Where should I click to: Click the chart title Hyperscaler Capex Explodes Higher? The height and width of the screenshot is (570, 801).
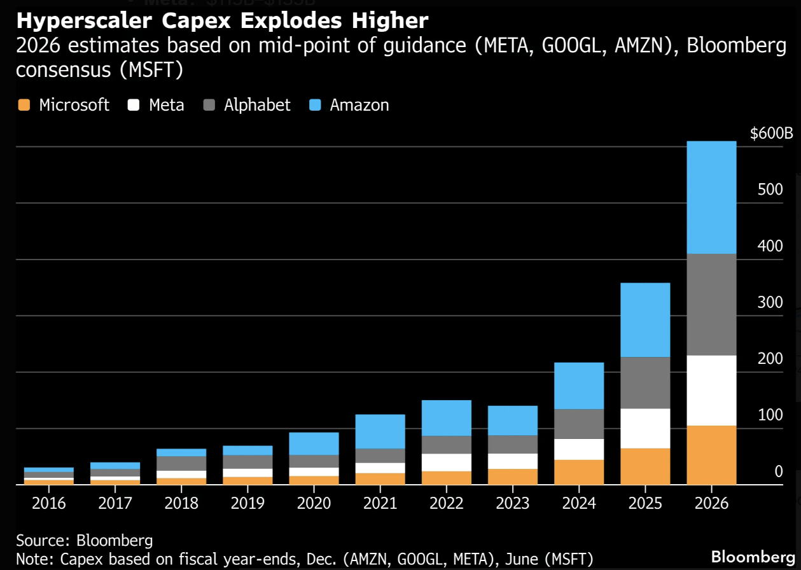222,21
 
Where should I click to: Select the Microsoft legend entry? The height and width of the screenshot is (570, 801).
64,105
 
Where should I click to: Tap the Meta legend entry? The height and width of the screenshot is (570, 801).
157,105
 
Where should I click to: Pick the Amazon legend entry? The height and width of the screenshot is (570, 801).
349,105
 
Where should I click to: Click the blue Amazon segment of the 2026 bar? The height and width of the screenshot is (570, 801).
711,197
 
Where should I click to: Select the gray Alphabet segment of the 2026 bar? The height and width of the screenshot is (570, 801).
711,304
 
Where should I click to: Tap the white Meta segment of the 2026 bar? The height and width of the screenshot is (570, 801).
711,390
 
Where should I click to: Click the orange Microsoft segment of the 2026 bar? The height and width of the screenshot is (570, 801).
711,455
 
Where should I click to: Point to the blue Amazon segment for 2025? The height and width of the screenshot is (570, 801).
645,319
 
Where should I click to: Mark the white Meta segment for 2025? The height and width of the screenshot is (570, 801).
645,428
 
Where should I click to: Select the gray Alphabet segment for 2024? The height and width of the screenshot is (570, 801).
579,424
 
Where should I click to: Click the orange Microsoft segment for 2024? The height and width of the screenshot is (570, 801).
579,472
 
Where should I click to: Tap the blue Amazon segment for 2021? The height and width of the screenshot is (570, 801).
380,431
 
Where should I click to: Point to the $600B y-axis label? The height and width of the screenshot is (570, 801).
771,134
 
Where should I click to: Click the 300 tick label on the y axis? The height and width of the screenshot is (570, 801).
770,303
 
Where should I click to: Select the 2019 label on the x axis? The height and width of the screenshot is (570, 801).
247,503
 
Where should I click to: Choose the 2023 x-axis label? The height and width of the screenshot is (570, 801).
513,503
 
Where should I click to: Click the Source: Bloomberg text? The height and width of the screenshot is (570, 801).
85,541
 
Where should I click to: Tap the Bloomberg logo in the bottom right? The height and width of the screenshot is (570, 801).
753,556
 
